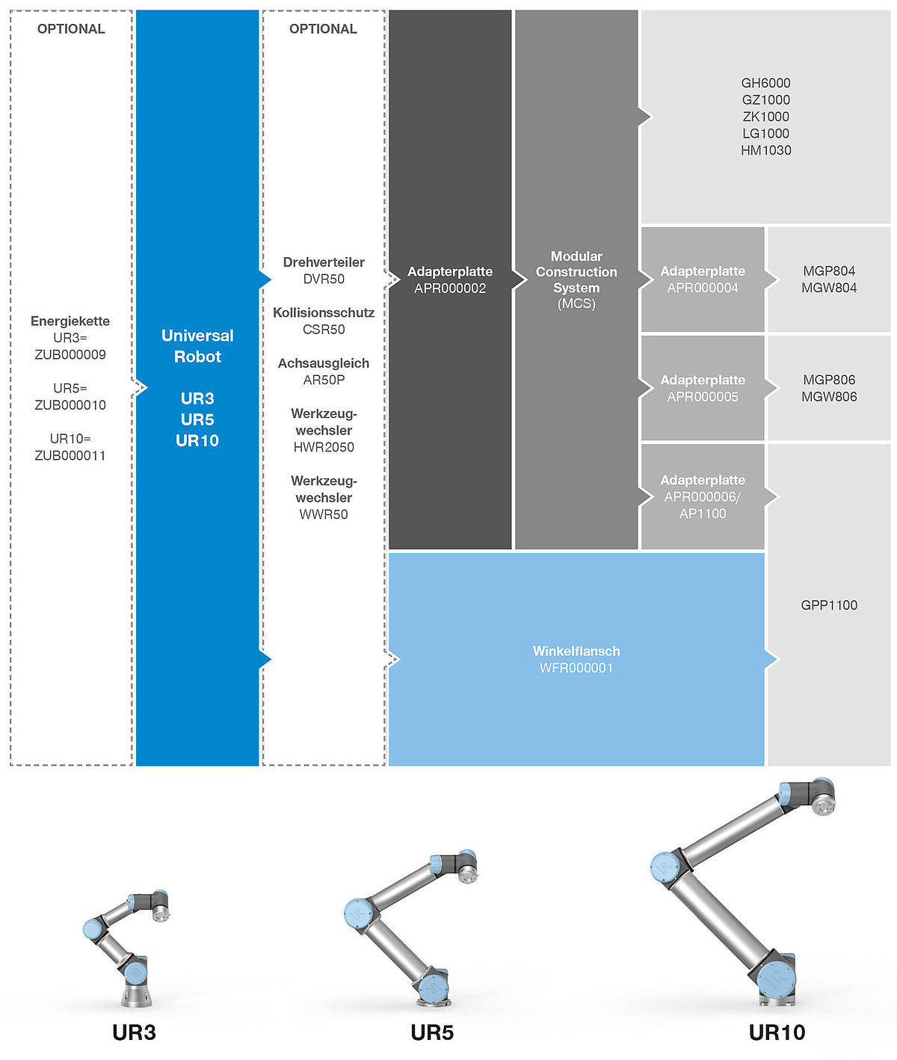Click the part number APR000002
[x=450, y=289]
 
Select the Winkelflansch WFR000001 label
[x=576, y=659]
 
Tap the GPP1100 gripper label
[x=829, y=606]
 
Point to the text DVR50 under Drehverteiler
[x=324, y=279]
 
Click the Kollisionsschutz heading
[x=324, y=312]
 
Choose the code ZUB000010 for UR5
[x=70, y=405]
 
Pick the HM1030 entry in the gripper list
[x=765, y=150]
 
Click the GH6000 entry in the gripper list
[x=765, y=83]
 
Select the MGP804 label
[x=829, y=271]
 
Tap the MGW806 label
[x=829, y=396]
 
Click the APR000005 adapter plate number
[x=703, y=397]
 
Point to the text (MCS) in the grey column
[x=576, y=303]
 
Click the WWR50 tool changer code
[x=324, y=514]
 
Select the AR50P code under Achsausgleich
[x=324, y=380]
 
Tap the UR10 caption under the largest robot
[x=777, y=1032]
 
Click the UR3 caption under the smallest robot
[x=134, y=1032]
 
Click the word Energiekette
[x=70, y=321]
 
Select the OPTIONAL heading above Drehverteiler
[x=323, y=28]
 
